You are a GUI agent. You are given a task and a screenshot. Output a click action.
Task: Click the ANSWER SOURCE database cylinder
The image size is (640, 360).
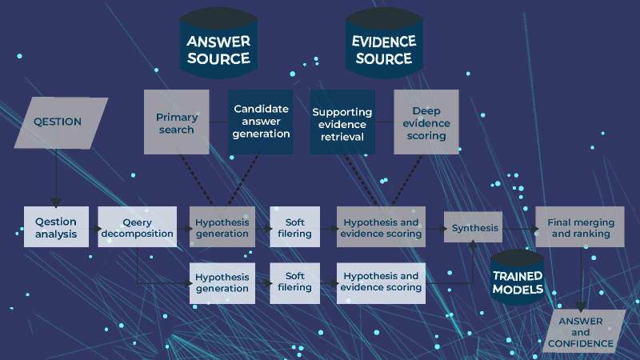click(x=218, y=49)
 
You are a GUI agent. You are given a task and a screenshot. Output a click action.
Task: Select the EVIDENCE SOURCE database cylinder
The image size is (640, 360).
click(x=384, y=49)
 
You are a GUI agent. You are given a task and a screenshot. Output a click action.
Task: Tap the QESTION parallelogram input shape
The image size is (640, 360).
click(x=60, y=122)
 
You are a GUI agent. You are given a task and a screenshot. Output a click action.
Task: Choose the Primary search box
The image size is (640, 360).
click(x=176, y=122)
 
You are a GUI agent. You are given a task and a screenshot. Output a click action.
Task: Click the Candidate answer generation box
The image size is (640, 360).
click(x=262, y=122)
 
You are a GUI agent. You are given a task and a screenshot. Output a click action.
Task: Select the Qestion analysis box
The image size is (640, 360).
click(x=56, y=228)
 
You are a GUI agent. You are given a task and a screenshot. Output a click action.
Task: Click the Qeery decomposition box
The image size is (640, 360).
click(x=137, y=228)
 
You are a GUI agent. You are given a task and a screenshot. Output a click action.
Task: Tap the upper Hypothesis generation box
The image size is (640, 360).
click(x=222, y=228)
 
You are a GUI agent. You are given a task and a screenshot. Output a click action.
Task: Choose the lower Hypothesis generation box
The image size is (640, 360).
click(x=222, y=282)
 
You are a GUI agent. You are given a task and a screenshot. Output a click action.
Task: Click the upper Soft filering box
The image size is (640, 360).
click(x=294, y=228)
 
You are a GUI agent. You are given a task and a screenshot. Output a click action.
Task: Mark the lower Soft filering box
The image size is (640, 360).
click(x=294, y=282)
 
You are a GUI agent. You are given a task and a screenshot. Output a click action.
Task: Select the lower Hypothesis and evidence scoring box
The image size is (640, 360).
click(x=380, y=282)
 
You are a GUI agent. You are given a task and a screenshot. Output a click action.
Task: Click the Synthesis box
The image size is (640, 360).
click(x=474, y=228)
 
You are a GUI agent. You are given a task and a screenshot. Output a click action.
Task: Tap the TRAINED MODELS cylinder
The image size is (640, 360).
click(x=518, y=276)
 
